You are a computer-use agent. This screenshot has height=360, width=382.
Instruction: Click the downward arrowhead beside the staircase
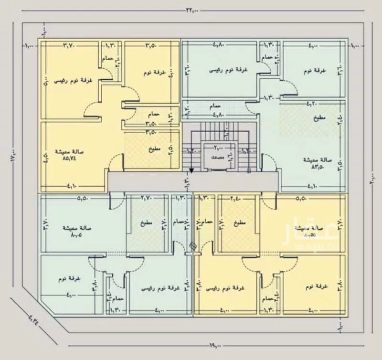191,169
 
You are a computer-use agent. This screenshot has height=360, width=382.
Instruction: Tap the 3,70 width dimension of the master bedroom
70,46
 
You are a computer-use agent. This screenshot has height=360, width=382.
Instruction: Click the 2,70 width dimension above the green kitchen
148,198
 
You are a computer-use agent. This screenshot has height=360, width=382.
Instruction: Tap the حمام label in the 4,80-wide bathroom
215,105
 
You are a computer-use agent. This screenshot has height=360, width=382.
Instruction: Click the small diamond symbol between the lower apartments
192,246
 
